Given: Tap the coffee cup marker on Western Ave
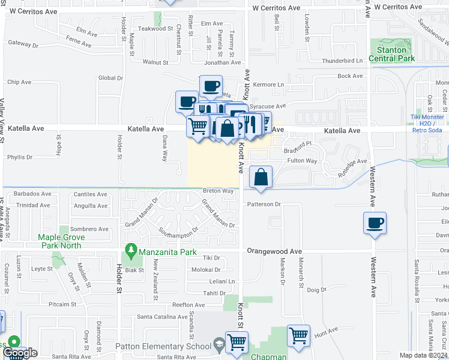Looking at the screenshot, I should pyautogui.click(x=375, y=223).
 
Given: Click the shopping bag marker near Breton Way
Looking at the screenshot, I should pyautogui.click(x=261, y=178).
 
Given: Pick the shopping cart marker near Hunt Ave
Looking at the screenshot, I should pyautogui.click(x=298, y=335).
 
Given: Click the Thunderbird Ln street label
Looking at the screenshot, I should pyautogui.click(x=343, y=61).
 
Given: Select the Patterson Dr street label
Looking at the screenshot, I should pyautogui.click(x=264, y=204).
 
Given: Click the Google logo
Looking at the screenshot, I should pyautogui.click(x=20, y=353).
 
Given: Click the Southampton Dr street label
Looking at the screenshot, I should pyautogui.click(x=178, y=230).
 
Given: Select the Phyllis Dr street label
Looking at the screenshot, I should pyautogui.click(x=20, y=157).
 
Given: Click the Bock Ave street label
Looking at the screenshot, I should pyautogui.click(x=351, y=76).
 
